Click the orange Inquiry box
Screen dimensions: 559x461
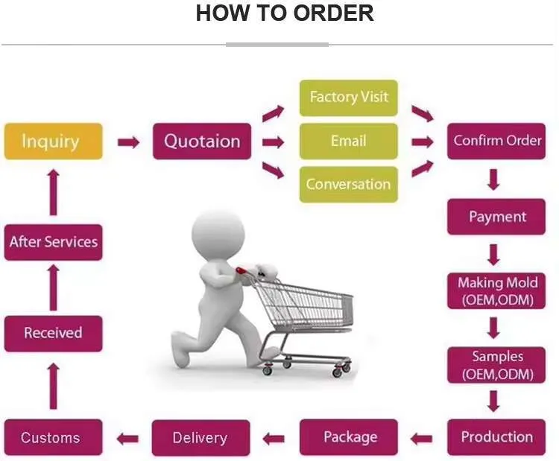pos(54,141)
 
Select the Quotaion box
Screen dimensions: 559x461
pos(202,141)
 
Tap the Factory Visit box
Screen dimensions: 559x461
pos(349,98)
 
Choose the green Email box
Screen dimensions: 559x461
pos(349,141)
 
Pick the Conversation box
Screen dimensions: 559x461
pos(349,185)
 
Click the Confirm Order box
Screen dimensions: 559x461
pos(496,141)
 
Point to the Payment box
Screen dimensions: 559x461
pos(496,217)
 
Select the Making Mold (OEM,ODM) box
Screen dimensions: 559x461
pos(496,290)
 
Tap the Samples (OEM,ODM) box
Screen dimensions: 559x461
pos(496,365)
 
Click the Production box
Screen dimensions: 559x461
pos(496,437)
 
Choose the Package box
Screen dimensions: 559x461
pos(349,437)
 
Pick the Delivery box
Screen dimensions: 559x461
pos(200,438)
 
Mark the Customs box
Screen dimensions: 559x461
pos(54,437)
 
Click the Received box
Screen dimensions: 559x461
pos(54,334)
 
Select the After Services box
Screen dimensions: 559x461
pos(54,242)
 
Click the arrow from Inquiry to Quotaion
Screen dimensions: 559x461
pos(128,142)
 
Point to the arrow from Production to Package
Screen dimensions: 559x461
pos(421,439)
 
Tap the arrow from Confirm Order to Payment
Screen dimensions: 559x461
pos(493,179)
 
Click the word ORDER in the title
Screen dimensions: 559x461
pos(334,13)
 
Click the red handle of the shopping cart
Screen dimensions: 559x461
pos(241,271)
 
